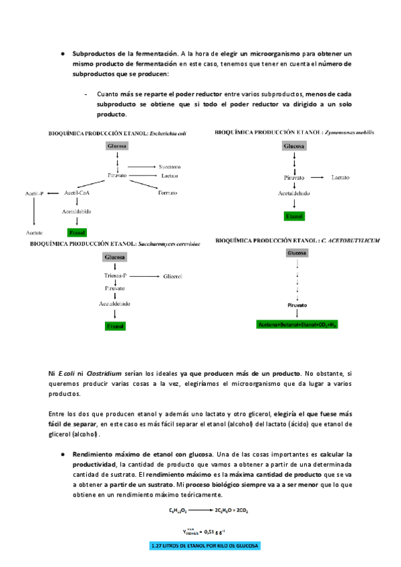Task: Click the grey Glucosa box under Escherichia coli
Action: pos(117,146)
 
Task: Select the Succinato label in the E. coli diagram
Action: pos(170,166)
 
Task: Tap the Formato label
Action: pos(167,193)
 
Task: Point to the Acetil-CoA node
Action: pos(78,193)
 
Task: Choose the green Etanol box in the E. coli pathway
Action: pos(78,232)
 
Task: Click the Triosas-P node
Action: pos(116,276)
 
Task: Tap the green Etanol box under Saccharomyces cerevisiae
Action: pos(116,326)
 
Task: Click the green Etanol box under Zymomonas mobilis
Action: pos(294,217)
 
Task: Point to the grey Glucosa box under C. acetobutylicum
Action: pos(297,253)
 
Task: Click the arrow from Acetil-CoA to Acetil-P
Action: pos(54,193)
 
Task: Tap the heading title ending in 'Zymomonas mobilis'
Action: pos(295,132)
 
